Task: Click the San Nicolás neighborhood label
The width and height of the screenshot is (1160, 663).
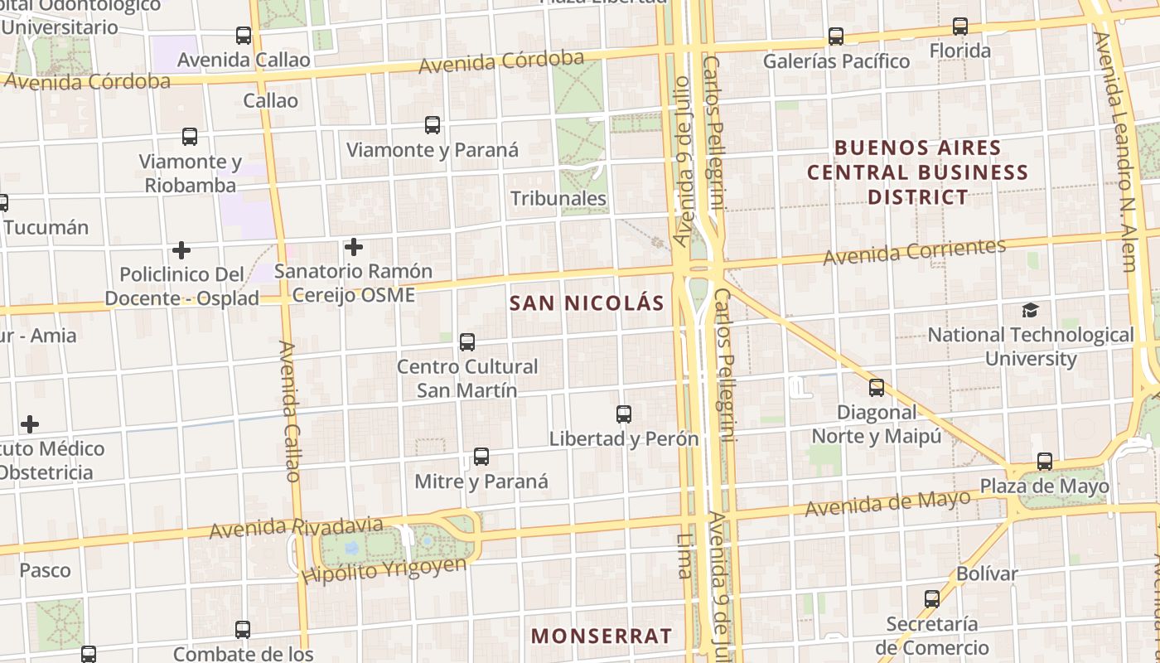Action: coord(587,303)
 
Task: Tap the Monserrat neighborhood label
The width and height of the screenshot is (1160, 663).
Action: coord(602,636)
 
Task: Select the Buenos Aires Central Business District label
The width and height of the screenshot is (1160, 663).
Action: coord(917,172)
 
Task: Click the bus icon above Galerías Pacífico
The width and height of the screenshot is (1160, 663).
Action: coord(836,36)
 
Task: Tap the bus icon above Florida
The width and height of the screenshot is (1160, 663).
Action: coord(960,27)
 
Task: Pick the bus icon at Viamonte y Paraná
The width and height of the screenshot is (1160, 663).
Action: coord(433,125)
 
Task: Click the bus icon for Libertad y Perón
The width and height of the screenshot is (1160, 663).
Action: coord(624,414)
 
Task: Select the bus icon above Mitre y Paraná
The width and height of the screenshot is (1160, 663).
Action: coord(481,456)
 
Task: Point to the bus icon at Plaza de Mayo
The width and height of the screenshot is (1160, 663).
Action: coord(1045,462)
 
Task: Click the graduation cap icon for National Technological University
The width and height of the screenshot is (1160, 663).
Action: coord(1030,311)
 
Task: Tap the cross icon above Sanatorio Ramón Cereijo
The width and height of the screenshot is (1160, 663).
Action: coord(354,247)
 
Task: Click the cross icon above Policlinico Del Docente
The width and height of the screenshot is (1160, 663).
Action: coord(181,249)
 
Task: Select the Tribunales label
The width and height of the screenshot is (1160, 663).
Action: coord(558,199)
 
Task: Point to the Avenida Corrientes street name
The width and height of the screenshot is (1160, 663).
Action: coord(914,251)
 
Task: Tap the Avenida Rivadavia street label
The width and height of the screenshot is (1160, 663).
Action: coord(296,527)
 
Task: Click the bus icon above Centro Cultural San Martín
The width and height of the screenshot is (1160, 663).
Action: coord(467,341)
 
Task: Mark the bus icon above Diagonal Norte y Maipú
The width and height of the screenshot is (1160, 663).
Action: coord(877,387)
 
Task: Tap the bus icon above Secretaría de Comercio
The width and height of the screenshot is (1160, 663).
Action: coord(932,598)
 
